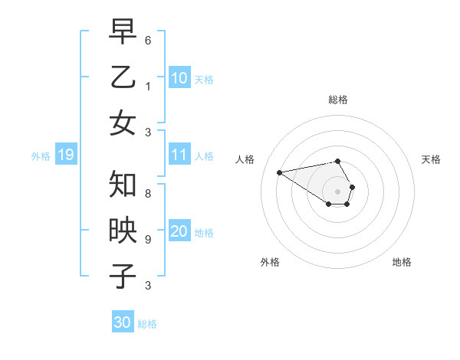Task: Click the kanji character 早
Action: click(123, 33)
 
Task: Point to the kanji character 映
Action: click(123, 231)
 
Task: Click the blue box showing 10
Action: click(179, 78)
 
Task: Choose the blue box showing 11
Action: click(179, 155)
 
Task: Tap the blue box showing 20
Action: click(179, 232)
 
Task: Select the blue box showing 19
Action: click(65, 155)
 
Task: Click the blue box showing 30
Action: click(123, 322)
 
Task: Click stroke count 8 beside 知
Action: click(148, 194)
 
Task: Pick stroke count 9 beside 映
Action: click(148, 239)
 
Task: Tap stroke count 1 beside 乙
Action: click(148, 86)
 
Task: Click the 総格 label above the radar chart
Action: click(338, 100)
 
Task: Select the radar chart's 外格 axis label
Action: click(270, 262)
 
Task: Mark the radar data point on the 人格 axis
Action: click(279, 172)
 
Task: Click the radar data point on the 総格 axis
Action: click(338, 161)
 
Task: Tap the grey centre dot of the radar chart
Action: click(338, 191)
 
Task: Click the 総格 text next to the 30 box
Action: click(147, 323)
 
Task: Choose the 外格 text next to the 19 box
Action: click(41, 156)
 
